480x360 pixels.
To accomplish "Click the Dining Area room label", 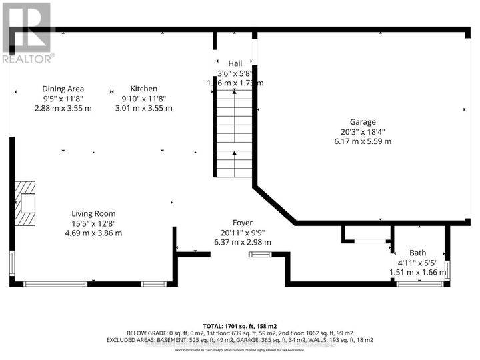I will (63, 89).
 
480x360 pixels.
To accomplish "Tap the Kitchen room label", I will (143, 89).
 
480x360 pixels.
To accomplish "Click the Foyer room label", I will (243, 223).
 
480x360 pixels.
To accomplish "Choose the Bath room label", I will (418, 253).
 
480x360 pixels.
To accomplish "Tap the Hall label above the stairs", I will (235, 63).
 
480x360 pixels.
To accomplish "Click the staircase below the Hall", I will (233, 133).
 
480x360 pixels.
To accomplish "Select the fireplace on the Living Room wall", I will (27, 203).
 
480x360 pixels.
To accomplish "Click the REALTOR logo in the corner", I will (27, 33).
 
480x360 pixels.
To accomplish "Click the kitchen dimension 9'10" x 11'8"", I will (143, 99).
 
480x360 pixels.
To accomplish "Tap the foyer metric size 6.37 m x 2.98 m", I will (243, 242).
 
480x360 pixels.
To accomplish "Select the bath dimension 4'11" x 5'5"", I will (418, 263).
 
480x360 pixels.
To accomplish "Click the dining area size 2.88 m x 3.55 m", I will (63, 108).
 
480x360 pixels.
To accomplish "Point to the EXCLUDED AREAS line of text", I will (239, 340).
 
